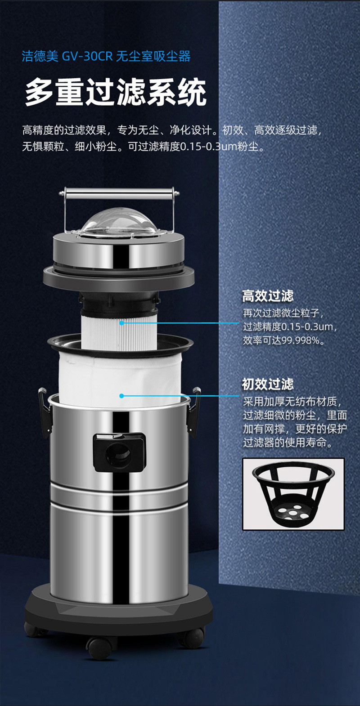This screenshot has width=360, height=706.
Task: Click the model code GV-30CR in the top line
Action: (x=87, y=56)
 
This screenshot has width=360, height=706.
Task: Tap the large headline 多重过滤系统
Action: (x=116, y=93)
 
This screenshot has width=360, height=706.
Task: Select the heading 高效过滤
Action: (x=268, y=295)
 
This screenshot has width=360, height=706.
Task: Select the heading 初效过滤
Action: (x=268, y=384)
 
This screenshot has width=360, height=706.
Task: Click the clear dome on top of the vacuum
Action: (x=119, y=220)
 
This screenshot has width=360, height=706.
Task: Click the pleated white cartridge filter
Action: (x=119, y=329)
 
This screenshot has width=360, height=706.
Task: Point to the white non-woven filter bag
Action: (x=119, y=379)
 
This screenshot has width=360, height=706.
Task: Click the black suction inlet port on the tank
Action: (x=119, y=452)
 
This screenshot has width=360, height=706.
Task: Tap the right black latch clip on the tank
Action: (x=193, y=411)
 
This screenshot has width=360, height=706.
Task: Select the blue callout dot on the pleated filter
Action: (x=121, y=323)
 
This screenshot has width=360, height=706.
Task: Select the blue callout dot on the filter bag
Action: (x=121, y=396)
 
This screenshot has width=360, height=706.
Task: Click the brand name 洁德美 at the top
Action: (x=40, y=56)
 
